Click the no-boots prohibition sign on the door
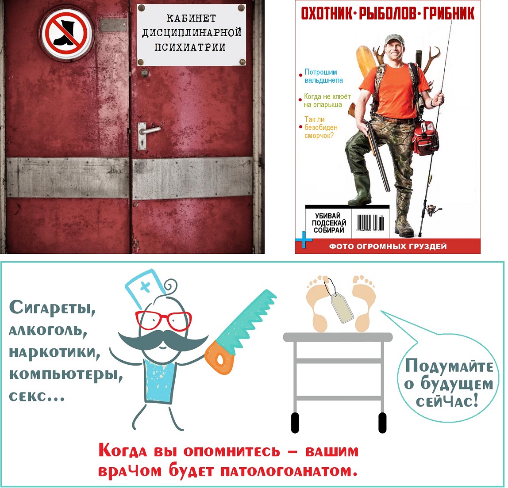pyautogui.click(x=66, y=33)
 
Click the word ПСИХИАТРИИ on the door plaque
pyautogui.click(x=190, y=47)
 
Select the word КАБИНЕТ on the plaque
pyautogui.click(x=191, y=18)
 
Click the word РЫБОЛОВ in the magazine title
pyautogui.click(x=385, y=14)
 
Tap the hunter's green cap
pyautogui.click(x=395, y=39)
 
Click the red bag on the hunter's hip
pyautogui.click(x=425, y=138)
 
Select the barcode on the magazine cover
pyautogui.click(x=369, y=223)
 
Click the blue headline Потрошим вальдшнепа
pyautogui.click(x=323, y=76)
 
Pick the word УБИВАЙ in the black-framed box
pyautogui.click(x=327, y=216)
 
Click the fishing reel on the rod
pyautogui.click(x=432, y=210)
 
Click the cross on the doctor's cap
pyautogui.click(x=145, y=286)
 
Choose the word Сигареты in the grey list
pyautogui.click(x=52, y=307)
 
